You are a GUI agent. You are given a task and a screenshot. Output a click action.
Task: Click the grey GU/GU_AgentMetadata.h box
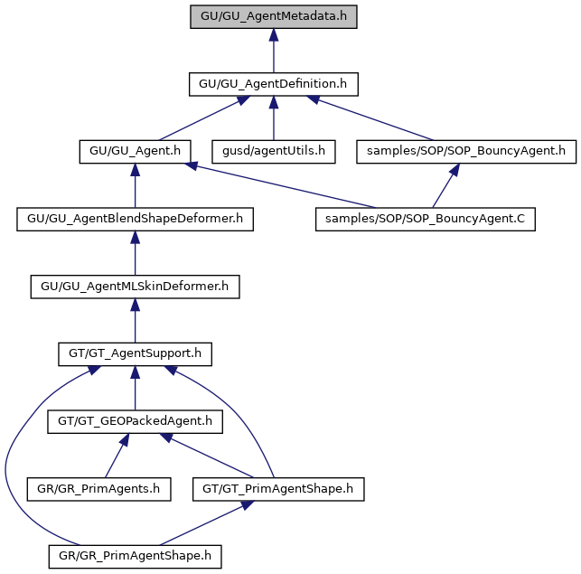tap(274, 16)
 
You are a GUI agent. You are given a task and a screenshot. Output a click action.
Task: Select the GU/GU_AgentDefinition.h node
tap(274, 84)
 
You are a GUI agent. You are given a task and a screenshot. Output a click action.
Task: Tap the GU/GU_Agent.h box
tap(135, 152)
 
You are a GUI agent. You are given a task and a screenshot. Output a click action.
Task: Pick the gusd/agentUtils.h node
tap(274, 152)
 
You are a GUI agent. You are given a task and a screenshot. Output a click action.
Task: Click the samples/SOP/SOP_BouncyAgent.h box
tap(466, 152)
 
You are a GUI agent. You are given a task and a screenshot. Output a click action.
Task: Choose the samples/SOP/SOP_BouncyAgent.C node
tap(426, 219)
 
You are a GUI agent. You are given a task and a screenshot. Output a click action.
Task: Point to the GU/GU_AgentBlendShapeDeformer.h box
tap(135, 219)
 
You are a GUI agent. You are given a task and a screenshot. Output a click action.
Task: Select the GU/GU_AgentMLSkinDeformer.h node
tap(135, 287)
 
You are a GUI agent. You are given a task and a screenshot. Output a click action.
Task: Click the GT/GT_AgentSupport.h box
tap(135, 354)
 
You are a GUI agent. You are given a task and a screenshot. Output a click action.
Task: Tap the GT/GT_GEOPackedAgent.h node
tap(135, 421)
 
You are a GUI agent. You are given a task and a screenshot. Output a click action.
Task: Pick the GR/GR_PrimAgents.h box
tap(98, 489)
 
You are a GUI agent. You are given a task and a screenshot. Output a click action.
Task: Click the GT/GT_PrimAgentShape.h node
tap(278, 489)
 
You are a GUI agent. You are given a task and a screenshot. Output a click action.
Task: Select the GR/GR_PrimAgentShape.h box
tap(135, 557)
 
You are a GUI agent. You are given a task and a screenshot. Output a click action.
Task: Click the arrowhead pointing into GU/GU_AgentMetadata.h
tap(274, 35)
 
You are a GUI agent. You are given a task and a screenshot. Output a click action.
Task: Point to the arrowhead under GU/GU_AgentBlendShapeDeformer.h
tap(135, 238)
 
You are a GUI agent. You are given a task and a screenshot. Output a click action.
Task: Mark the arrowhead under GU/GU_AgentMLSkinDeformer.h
tap(135, 305)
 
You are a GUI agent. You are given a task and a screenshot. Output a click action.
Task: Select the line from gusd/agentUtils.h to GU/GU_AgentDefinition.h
tap(274, 118)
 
